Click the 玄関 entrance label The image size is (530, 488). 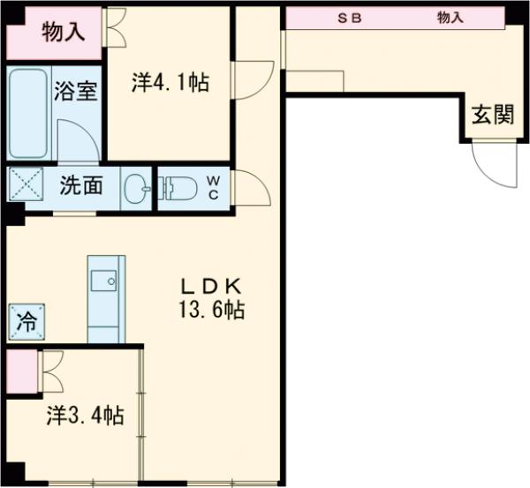(x=491, y=116)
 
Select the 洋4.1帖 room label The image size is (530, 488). (x=170, y=83)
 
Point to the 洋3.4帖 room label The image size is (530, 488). (x=84, y=415)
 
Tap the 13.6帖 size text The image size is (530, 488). (x=211, y=310)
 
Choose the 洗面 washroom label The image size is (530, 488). (x=81, y=186)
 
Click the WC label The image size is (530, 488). (x=214, y=187)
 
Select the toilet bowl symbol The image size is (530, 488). (x=178, y=187)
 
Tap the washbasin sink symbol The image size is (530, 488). (x=136, y=187)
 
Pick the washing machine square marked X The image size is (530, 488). (x=22, y=186)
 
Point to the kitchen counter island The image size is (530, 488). (x=106, y=298)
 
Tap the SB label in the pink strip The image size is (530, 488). (x=350, y=17)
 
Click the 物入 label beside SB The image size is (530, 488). (x=450, y=17)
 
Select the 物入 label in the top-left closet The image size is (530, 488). (x=64, y=34)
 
